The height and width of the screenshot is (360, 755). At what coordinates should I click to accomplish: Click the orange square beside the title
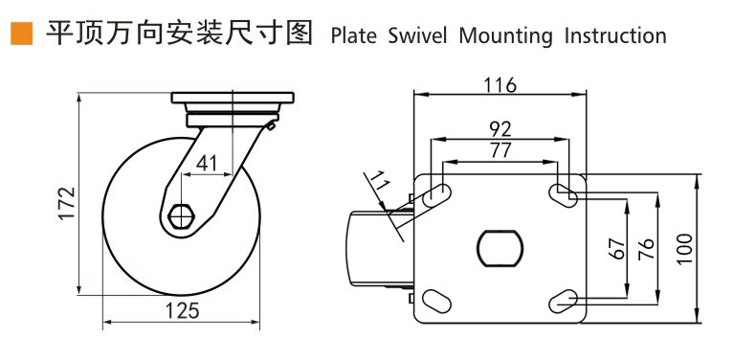(21, 34)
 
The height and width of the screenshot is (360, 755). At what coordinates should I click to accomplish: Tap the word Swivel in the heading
(417, 36)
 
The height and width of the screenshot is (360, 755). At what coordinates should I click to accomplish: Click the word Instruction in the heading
(615, 36)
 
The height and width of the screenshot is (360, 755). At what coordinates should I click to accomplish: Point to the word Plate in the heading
(353, 36)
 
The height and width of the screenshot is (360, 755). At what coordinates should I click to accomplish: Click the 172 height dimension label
(67, 203)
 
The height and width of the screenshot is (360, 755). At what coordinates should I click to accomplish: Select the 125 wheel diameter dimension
(182, 311)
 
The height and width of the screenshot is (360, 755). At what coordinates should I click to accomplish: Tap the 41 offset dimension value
(207, 165)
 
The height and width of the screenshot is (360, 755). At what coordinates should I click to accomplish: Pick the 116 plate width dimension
(500, 85)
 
